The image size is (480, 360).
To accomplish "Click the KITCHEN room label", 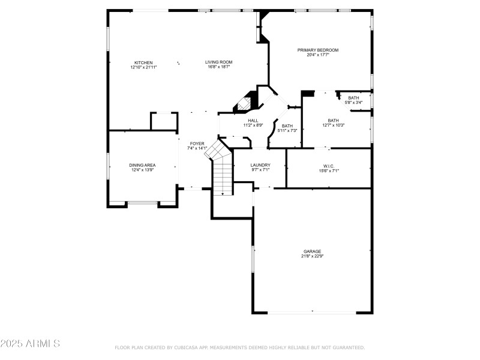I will (143, 62).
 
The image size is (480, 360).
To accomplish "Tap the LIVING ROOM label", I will (218, 62).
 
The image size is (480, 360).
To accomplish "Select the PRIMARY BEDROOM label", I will (318, 50).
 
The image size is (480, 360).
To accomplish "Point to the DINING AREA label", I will (142, 165).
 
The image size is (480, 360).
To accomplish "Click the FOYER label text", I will (197, 143).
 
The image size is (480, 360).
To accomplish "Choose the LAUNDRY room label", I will (260, 165).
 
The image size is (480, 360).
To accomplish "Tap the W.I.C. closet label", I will (329, 166).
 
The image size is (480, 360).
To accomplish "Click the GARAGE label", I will (312, 251).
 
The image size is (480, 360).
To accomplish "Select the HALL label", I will (253, 121).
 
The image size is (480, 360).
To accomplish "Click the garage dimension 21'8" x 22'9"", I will (312, 256).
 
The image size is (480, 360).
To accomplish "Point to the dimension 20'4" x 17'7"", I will (318, 55).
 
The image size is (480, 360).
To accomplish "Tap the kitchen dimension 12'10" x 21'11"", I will (143, 67).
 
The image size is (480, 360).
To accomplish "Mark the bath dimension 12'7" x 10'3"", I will (333, 125).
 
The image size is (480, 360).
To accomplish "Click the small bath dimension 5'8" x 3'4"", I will (353, 102).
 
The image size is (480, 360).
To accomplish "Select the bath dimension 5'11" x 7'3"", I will (287, 130).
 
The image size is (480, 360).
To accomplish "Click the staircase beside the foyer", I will (222, 171).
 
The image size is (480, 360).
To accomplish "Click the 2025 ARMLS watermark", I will (30, 344).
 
